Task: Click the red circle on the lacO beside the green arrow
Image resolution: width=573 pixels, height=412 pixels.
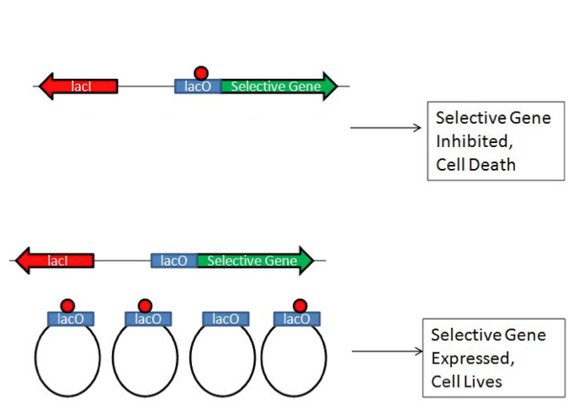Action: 200,73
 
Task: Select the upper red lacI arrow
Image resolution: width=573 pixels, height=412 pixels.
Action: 78,86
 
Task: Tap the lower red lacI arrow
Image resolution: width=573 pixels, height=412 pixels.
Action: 56,261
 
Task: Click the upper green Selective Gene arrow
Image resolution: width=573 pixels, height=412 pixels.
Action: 279,86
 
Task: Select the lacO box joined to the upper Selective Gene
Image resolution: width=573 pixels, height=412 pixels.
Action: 198,87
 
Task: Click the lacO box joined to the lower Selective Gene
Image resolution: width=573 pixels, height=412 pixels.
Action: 174,261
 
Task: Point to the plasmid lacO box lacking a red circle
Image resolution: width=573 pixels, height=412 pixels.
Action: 225,319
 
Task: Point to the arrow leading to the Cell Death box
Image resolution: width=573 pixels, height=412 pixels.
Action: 385,128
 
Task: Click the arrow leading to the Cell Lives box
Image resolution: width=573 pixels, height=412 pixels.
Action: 385,351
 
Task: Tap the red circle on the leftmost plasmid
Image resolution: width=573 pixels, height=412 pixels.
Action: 68,304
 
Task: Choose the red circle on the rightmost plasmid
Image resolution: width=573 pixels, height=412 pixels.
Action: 299,304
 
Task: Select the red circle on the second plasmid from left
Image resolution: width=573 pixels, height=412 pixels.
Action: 145,304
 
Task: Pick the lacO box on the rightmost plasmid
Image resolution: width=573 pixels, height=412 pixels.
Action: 297,319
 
